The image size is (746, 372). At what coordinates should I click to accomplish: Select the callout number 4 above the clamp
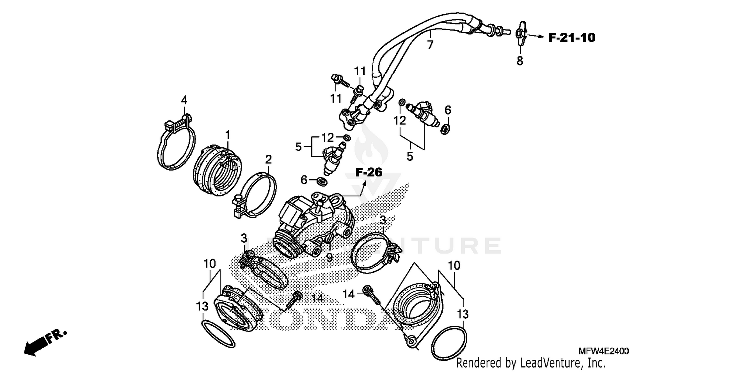184,100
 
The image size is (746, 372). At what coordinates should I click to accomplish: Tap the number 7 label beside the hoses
430,45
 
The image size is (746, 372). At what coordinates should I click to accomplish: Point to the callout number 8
520,61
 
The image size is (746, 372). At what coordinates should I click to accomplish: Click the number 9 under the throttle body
329,257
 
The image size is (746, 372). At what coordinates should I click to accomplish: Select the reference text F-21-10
572,37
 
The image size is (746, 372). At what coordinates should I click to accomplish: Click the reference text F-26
369,172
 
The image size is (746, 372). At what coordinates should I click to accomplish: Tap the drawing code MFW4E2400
603,351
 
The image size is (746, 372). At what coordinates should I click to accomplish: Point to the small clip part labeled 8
520,35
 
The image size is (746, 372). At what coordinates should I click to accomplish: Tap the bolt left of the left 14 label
296,298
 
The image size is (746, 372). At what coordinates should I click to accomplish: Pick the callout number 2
268,159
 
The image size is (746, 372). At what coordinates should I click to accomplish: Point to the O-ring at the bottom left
218,336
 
